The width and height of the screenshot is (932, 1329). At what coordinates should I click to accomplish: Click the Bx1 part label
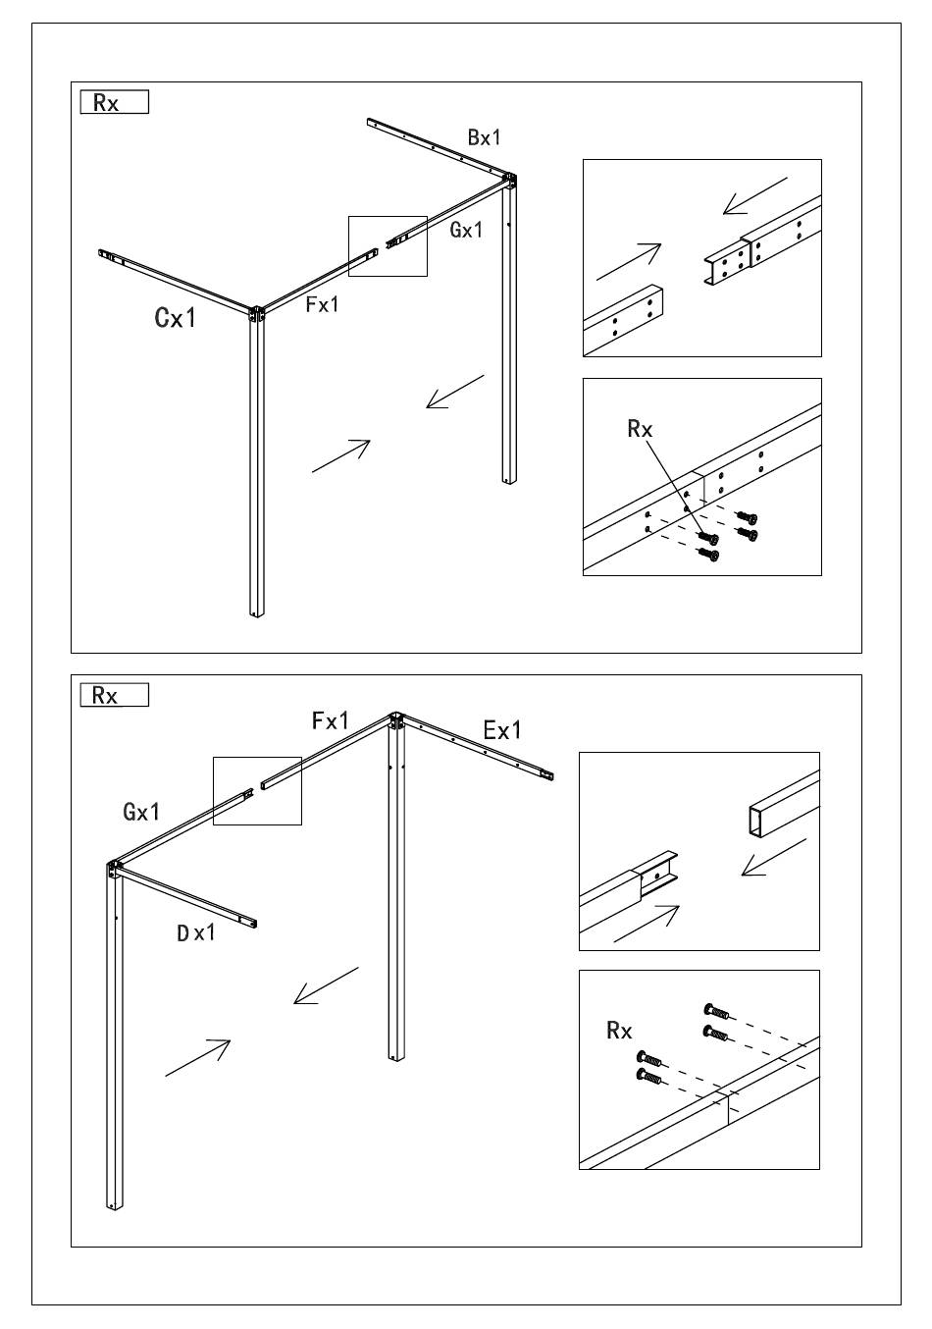(484, 137)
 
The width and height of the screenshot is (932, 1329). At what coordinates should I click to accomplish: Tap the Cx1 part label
(176, 318)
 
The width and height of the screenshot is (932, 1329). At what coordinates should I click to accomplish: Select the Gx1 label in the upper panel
(466, 230)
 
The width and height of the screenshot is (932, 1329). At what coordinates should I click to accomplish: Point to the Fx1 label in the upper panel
(322, 304)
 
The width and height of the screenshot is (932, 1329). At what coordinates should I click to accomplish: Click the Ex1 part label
(502, 730)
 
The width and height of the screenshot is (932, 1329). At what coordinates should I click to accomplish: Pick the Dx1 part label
(195, 932)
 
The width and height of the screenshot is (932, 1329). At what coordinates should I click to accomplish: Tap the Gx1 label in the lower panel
(141, 812)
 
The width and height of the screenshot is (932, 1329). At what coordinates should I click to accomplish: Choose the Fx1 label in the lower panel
(331, 721)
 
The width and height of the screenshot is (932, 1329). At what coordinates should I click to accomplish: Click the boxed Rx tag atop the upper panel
(114, 102)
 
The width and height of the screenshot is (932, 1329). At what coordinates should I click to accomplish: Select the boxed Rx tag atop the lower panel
(114, 695)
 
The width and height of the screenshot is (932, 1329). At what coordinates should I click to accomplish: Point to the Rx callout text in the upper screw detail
(640, 429)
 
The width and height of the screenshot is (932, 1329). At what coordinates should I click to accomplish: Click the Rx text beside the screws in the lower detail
(619, 1030)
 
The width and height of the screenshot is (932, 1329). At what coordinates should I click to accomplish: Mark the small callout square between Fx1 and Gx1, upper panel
(388, 245)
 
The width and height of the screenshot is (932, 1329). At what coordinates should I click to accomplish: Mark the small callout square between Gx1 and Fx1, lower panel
(257, 790)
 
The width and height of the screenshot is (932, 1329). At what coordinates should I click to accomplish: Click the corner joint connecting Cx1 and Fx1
(257, 314)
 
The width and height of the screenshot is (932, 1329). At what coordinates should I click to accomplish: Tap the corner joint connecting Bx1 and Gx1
(509, 182)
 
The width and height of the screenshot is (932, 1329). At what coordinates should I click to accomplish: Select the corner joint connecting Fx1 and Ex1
(394, 722)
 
